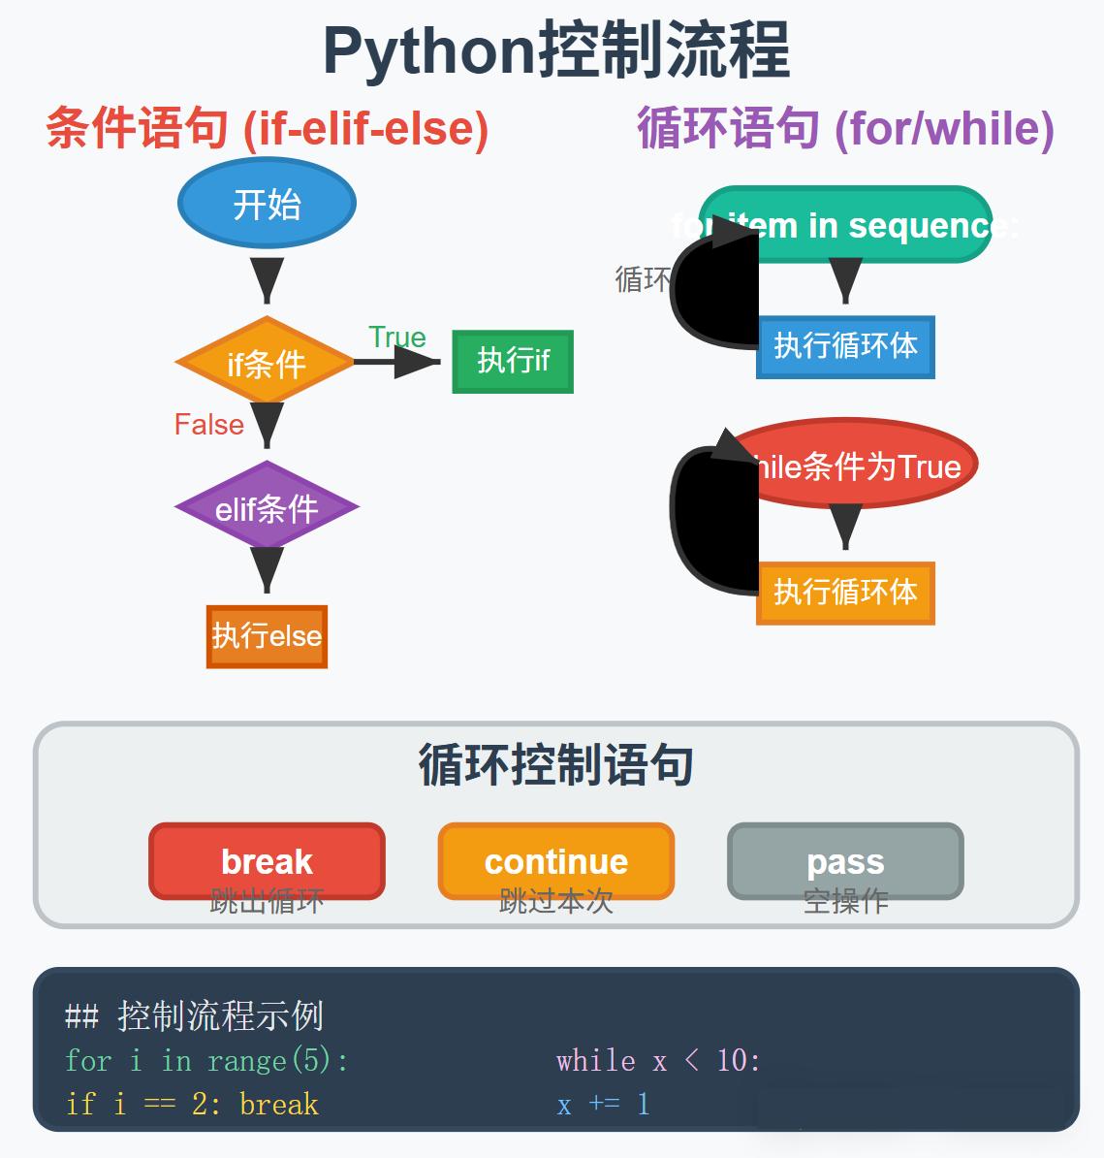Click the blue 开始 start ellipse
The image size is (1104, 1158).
click(x=267, y=204)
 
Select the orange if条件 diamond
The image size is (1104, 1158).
click(x=266, y=363)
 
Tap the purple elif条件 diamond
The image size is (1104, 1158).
click(x=267, y=507)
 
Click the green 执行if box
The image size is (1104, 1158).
click(x=513, y=362)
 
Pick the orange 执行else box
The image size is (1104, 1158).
click(x=267, y=636)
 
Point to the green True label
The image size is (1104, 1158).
click(x=397, y=338)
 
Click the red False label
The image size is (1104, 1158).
click(x=208, y=425)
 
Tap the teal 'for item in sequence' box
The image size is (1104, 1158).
click(x=845, y=225)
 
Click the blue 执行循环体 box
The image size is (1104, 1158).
click(x=845, y=346)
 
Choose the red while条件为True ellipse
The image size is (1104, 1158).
click(x=853, y=466)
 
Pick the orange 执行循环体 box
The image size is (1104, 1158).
click(x=845, y=593)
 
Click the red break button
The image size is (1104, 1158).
click(x=267, y=861)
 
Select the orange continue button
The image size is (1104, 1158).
click(x=555, y=861)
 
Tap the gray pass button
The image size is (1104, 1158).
click(x=845, y=861)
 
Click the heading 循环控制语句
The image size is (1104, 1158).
click(x=555, y=765)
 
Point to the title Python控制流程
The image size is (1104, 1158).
click(x=555, y=50)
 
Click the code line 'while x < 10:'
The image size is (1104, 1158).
click(x=658, y=1061)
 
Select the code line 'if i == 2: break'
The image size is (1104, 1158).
click(x=192, y=1105)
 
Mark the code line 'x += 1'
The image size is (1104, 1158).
click(x=603, y=1105)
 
